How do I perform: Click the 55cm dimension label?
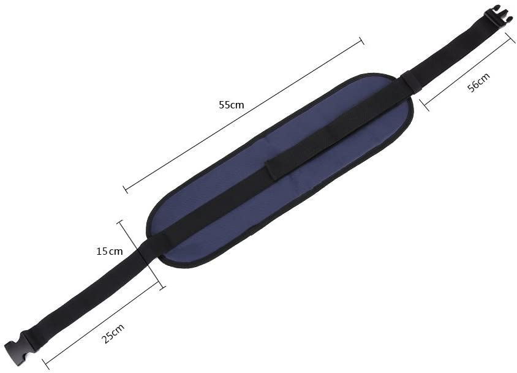click(x=232, y=105)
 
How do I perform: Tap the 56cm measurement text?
click(x=479, y=82)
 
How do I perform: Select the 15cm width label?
click(x=110, y=251)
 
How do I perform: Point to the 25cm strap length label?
click(x=113, y=333)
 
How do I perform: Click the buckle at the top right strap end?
click(x=497, y=18)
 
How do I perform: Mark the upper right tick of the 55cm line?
click(x=361, y=41)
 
